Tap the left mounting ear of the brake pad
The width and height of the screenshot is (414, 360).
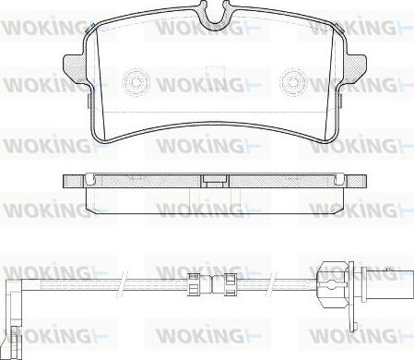pos(73,67)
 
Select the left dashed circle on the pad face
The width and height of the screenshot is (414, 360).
pos(136,82)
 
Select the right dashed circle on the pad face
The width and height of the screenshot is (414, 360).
pos(293,81)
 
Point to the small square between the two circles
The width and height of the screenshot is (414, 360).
pos(216,78)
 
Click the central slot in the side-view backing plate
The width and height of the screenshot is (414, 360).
pos(214,181)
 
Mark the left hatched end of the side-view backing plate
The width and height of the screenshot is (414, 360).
pos(73,181)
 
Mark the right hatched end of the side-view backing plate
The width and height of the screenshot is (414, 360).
pos(356,181)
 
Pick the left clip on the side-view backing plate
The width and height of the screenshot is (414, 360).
pos(90,179)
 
